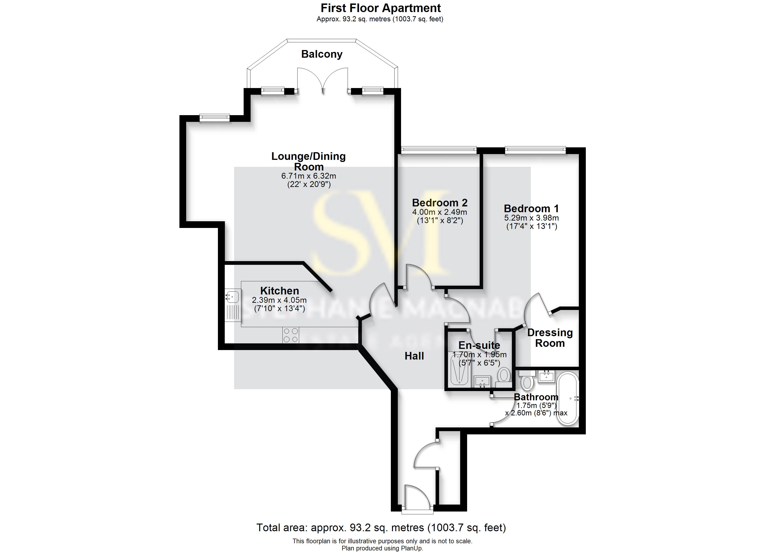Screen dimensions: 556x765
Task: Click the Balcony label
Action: (322, 54)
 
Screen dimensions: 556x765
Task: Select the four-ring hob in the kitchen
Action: (290, 335)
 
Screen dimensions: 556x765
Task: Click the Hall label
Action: (414, 356)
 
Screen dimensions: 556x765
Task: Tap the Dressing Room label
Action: (550, 338)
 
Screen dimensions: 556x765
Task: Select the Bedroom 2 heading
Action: (440, 203)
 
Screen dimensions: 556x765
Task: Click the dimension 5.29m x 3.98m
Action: (531, 218)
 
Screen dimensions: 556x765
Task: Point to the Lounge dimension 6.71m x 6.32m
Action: (309, 176)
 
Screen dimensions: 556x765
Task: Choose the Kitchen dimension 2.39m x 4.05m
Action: (279, 300)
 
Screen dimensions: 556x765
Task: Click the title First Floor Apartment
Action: (380, 8)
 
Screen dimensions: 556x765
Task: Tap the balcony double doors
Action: (323, 81)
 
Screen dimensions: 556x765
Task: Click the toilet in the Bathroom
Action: (527, 382)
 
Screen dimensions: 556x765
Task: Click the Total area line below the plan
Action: (381, 527)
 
